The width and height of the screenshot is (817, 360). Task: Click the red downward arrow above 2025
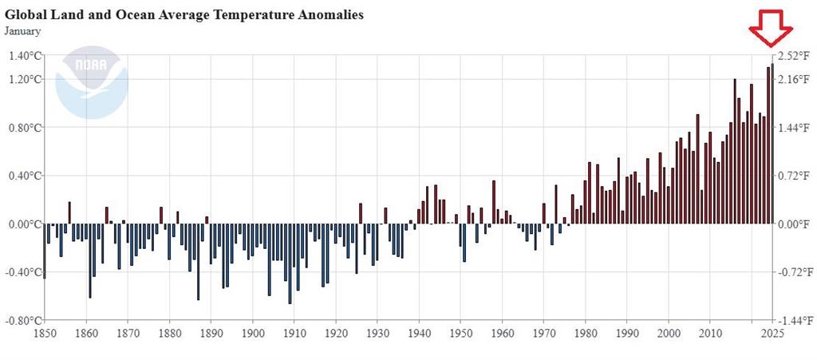(x=771, y=28)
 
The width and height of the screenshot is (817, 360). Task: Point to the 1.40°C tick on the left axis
(x=25, y=55)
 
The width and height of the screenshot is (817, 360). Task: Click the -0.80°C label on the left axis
(x=23, y=320)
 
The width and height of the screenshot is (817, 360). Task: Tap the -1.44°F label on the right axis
(x=795, y=320)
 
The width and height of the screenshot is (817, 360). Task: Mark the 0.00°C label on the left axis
(x=25, y=224)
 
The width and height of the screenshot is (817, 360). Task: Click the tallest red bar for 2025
(x=772, y=144)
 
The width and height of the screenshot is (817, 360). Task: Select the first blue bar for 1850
(x=45, y=251)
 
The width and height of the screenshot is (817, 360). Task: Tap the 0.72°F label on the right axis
(x=795, y=176)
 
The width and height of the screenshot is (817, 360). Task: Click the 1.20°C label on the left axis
(x=25, y=79)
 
